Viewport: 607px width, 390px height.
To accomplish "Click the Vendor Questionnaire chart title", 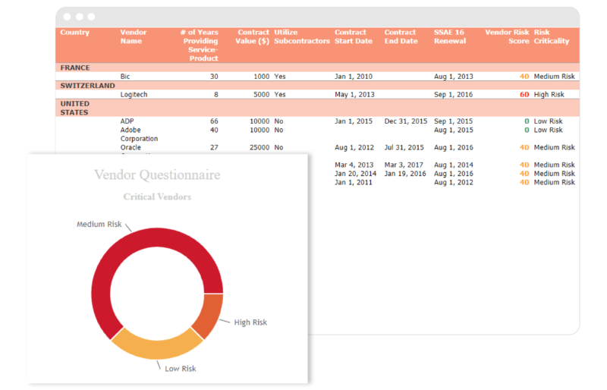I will [157, 175].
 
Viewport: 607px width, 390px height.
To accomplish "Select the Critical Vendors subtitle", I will [157, 197].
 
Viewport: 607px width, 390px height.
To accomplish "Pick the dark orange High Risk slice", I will [209, 314].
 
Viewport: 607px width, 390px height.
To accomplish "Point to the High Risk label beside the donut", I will [250, 322].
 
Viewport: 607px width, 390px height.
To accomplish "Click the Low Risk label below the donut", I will [181, 369].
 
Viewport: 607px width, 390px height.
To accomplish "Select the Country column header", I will [74, 33].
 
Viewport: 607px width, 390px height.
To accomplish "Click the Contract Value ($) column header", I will [253, 36].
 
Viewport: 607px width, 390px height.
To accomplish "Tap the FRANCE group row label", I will [75, 68].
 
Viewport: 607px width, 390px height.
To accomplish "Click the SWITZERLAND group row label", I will [87, 86].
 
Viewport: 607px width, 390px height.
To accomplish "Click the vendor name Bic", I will [125, 77].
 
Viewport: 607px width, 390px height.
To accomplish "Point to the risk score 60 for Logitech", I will [524, 95].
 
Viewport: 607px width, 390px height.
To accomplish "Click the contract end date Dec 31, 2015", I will [407, 121].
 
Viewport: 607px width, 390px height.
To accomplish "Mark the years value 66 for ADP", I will [214, 121].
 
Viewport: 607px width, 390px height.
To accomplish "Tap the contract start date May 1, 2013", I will [354, 95].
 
